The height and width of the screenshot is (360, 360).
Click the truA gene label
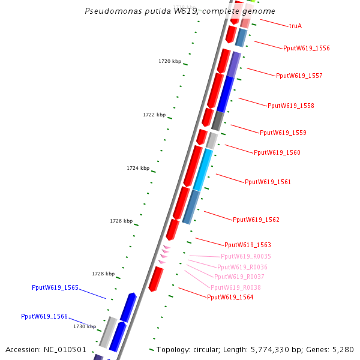coord(295,26)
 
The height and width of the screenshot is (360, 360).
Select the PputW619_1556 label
coord(306,48)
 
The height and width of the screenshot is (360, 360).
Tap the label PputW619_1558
coord(290,106)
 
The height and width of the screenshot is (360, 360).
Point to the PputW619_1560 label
coord(277,152)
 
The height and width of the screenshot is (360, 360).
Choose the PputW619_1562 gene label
coord(256,220)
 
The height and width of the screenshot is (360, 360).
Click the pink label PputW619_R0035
coord(245,256)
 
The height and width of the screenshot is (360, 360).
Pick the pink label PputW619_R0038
coord(235,287)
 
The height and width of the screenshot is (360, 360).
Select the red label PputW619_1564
coord(230,297)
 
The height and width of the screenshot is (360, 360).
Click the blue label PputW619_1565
coord(55,287)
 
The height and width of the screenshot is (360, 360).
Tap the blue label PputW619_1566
coord(44,316)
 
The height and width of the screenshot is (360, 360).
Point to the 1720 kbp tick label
coord(170,61)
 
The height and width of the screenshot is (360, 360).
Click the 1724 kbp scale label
coord(138,168)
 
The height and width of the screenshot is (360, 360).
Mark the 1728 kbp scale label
coord(103,274)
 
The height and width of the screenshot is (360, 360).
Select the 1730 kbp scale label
coord(85,326)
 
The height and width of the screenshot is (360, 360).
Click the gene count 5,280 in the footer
coord(343,349)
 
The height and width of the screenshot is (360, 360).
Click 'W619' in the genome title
coord(185,11)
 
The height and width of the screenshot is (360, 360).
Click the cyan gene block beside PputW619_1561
coord(203,170)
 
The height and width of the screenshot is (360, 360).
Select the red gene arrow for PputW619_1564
coord(156,280)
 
